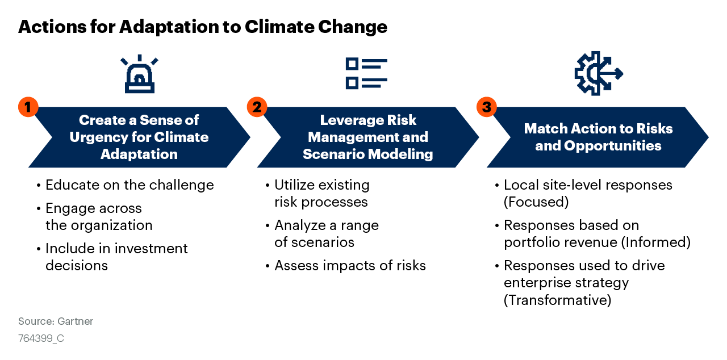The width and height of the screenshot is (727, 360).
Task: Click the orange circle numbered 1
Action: click(28, 107)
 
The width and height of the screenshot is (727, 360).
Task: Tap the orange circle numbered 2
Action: click(257, 107)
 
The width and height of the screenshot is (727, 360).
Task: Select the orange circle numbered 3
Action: click(486, 107)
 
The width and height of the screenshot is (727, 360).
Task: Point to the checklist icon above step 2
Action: click(366, 73)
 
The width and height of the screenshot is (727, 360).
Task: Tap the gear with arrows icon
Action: click(598, 73)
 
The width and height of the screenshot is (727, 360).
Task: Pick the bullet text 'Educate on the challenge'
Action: click(129, 185)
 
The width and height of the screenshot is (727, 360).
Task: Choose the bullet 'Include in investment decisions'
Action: click(116, 257)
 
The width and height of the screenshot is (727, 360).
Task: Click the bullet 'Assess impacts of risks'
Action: click(350, 265)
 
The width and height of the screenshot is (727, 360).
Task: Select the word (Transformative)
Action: click(557, 300)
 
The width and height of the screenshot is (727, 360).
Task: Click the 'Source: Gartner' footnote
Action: click(56, 321)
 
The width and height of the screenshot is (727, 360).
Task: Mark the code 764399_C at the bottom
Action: click(41, 338)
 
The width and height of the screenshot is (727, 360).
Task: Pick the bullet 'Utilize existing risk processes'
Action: click(321, 194)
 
